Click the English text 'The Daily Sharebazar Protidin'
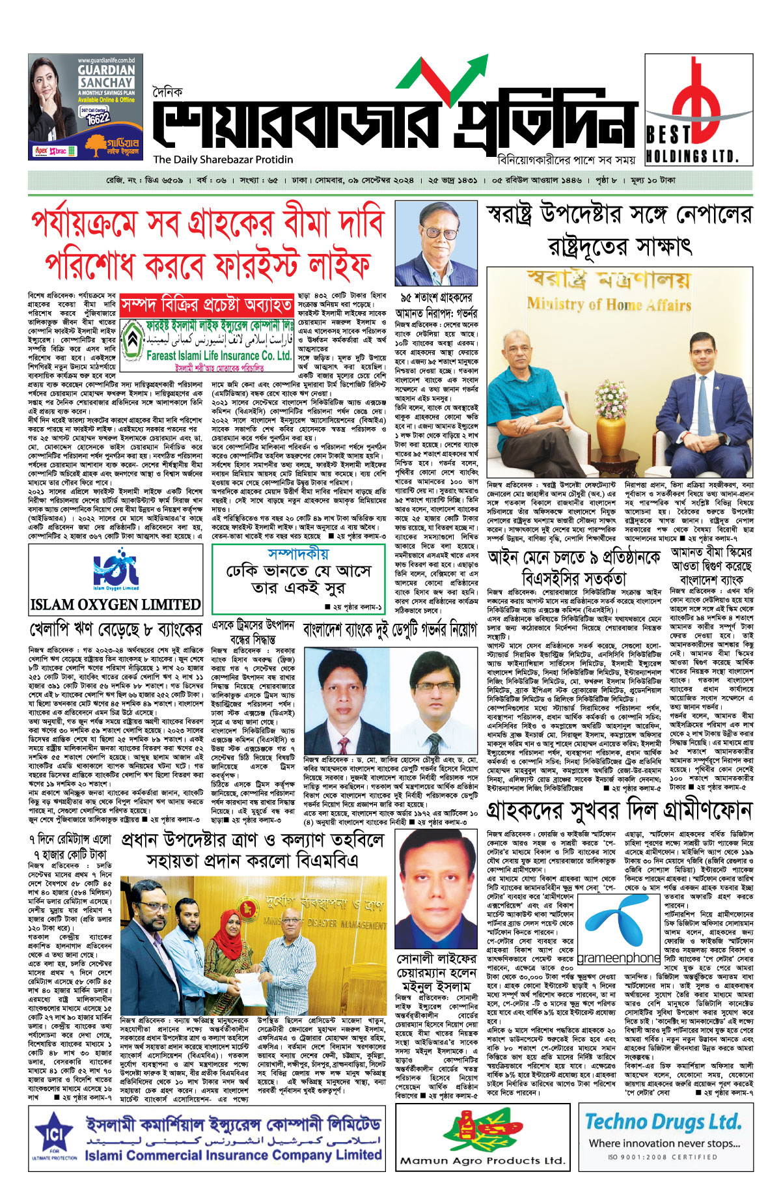pos(223,160)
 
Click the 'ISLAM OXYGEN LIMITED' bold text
pos(115,604)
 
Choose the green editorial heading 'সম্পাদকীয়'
pos(298,554)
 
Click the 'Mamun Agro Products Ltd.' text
pos(482,1160)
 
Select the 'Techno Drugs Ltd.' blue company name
pos(663,1123)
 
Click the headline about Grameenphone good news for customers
pos(619,811)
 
